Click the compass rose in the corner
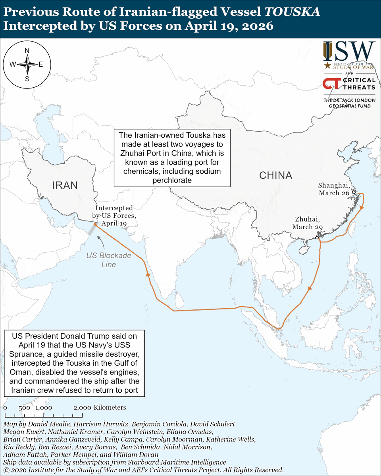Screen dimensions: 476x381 click(27, 64)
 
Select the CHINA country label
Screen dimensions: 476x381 click(275, 175)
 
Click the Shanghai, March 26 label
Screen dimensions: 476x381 click(334, 189)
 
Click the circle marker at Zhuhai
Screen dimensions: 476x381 click(317, 238)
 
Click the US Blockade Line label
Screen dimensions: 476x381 click(109, 260)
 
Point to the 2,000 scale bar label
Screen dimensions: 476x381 click(82, 408)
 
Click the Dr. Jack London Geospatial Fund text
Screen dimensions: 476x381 click(349, 103)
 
